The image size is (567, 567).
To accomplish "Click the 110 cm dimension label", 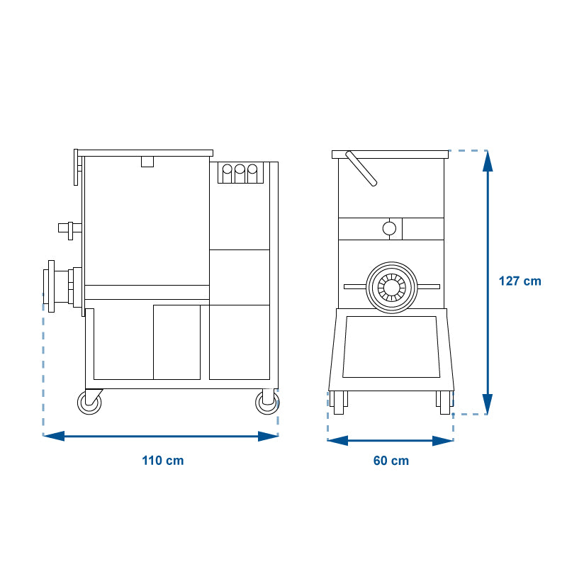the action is (163, 460).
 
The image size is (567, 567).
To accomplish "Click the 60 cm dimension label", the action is (391, 460).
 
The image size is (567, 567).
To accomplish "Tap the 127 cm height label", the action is (520, 281).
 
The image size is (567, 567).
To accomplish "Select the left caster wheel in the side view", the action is (89, 403).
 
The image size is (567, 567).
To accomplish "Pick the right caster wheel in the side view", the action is (267, 403).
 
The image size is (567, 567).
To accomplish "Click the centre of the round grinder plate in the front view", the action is (392, 288).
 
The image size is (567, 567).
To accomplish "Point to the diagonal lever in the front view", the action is (361, 169).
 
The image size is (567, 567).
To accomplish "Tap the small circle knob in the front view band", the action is (389, 228).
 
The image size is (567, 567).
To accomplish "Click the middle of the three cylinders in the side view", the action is (240, 174).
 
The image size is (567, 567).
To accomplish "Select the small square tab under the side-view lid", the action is (147, 162).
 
